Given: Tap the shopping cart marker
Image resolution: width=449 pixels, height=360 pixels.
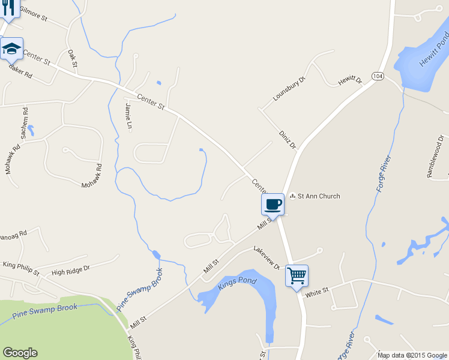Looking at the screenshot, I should tap(297, 276).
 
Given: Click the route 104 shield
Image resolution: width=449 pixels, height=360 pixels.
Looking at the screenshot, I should tap(378, 76).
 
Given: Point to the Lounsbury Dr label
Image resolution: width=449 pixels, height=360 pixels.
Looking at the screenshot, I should tap(289, 89).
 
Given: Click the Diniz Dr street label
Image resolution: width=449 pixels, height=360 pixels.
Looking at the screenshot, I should tap(288, 139).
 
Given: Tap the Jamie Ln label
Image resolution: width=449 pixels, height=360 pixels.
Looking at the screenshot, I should tap(129, 116).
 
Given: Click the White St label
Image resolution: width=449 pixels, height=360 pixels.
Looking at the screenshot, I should tap(317, 292).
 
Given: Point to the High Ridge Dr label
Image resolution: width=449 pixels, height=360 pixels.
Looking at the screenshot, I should tap(70, 271).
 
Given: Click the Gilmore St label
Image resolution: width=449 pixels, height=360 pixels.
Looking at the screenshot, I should tap(33, 13).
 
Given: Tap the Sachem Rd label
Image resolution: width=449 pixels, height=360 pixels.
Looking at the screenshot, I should tap(25, 119).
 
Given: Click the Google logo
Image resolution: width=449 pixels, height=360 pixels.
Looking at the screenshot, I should tap(19, 353).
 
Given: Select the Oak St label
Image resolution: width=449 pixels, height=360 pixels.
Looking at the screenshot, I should tap(73, 59).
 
